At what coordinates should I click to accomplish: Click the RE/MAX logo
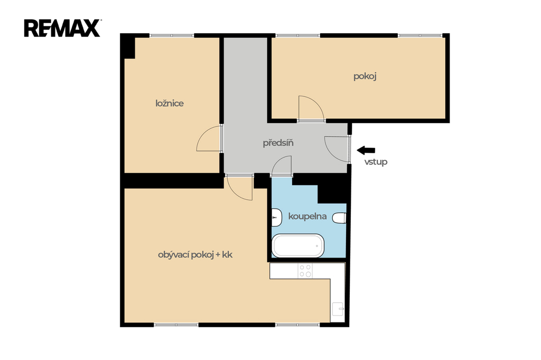[x=62, y=28]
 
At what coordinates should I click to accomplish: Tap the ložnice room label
[x=170, y=103]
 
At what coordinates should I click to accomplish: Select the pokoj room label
[x=365, y=76]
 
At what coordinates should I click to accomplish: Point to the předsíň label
[x=278, y=143]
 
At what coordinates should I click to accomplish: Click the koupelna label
[x=307, y=216]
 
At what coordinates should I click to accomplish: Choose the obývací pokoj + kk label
[x=195, y=255]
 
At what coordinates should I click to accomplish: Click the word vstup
[x=376, y=162]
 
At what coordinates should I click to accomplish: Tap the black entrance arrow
[x=366, y=150]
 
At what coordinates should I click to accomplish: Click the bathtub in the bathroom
[x=298, y=246]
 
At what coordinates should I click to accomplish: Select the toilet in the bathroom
[x=340, y=218]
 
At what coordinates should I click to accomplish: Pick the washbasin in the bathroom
[x=277, y=217]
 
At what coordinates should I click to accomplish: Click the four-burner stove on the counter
[x=305, y=271]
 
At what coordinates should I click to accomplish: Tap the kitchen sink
[x=338, y=309]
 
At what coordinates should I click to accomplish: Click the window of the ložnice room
[x=172, y=35]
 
